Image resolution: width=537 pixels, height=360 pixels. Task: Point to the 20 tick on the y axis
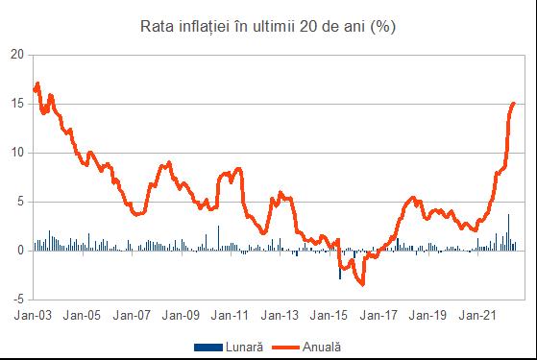[x=15, y=54]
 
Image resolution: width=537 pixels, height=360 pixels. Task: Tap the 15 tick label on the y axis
[x=15, y=104]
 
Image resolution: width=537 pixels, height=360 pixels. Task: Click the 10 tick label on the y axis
[x=15, y=153]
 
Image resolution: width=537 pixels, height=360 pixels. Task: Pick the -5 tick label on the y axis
[x=17, y=300]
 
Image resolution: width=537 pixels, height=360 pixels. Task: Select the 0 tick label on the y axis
[x=19, y=251]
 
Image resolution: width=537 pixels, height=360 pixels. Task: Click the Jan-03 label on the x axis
[x=33, y=314]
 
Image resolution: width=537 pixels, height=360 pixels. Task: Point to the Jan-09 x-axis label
[x=182, y=314]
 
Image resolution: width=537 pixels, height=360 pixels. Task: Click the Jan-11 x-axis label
[x=231, y=314]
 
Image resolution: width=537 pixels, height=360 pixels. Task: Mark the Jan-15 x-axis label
[x=330, y=314]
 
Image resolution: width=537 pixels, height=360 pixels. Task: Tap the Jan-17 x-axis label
[x=378, y=314]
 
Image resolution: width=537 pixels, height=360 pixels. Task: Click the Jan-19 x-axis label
[x=428, y=314]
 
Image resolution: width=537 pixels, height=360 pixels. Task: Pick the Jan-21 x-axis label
[x=477, y=314]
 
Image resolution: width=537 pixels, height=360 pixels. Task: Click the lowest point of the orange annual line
[x=362, y=284]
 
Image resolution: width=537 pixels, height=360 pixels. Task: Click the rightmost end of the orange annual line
[x=514, y=103]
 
